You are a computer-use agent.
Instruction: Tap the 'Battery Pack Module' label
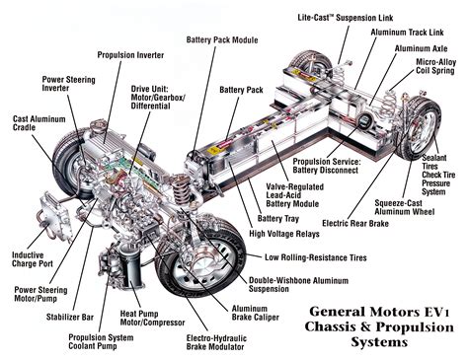222,40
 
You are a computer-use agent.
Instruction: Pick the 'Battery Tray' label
278,218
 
